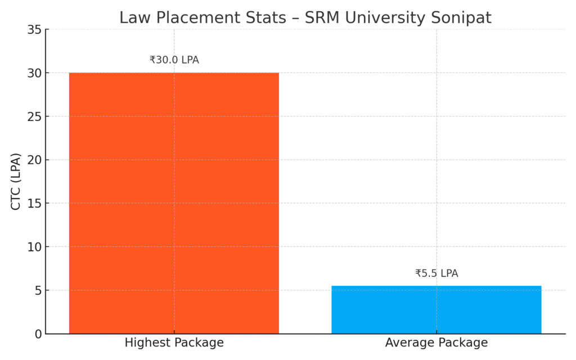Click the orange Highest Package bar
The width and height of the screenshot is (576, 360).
click(x=174, y=203)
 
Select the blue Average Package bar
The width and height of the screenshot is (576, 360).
click(x=436, y=309)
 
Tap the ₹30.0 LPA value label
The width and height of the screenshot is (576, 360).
click(x=174, y=60)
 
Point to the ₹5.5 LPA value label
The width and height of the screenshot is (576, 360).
click(x=436, y=273)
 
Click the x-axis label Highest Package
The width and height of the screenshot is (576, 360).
click(x=174, y=343)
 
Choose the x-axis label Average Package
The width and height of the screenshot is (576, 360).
click(x=436, y=343)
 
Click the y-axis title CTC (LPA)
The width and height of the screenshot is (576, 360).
click(x=16, y=181)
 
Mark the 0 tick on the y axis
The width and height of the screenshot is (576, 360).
click(x=38, y=334)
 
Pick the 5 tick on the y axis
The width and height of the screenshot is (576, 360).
click(x=38, y=291)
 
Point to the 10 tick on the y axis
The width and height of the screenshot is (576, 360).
click(x=35, y=247)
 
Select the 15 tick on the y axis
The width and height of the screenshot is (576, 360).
click(x=35, y=204)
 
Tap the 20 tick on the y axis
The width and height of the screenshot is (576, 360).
click(x=35, y=160)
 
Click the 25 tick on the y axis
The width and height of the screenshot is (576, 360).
click(x=35, y=116)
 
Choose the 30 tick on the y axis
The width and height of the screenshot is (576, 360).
click(x=35, y=73)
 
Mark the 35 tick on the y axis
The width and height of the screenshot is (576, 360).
click(x=35, y=30)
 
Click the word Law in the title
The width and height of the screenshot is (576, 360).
click(x=133, y=18)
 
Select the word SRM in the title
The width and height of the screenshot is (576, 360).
click(x=322, y=18)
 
